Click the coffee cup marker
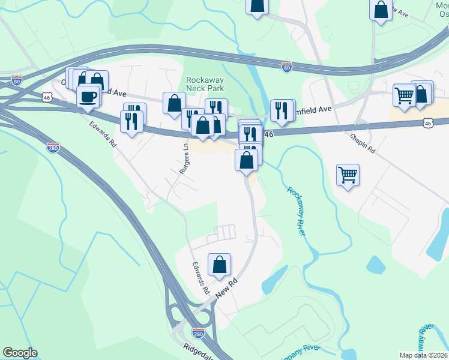click(88, 97)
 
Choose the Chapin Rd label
click(363, 142)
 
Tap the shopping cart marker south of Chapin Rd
click(348, 175)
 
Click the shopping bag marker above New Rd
click(220, 265)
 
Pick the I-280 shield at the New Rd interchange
click(198, 332)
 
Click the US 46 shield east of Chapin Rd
click(427, 123)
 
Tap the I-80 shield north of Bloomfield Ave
click(287, 68)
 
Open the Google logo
click(20, 353)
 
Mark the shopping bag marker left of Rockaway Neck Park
click(174, 103)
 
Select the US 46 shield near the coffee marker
click(47, 96)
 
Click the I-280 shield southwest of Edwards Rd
click(53, 147)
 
